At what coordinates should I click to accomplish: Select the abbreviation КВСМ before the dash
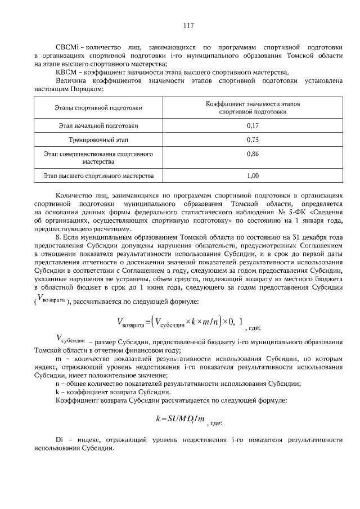click(66, 73)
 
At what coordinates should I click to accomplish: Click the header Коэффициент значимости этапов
click(253, 104)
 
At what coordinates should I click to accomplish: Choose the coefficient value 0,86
click(253, 154)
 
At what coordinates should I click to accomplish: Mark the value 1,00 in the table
click(253, 175)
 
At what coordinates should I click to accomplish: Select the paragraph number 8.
click(57, 238)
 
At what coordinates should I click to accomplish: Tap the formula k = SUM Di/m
click(179, 419)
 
